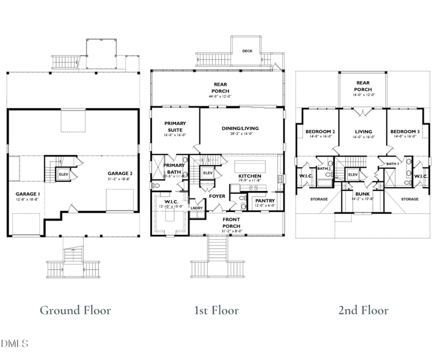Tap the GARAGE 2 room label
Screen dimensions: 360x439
click(x=120, y=173)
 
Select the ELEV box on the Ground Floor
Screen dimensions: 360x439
click(x=63, y=174)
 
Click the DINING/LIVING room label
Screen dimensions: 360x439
click(x=240, y=128)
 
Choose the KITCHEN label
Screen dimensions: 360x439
click(x=250, y=176)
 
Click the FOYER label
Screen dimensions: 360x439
click(x=217, y=196)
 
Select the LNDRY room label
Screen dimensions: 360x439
click(x=197, y=208)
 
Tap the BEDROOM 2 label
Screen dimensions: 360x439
click(x=320, y=132)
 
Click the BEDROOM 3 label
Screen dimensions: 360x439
click(x=404, y=132)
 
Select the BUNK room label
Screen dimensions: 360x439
click(x=362, y=194)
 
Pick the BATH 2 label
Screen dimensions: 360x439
click(x=324, y=169)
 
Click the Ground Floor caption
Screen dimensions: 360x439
click(x=75, y=310)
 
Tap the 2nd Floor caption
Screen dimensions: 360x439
click(x=364, y=310)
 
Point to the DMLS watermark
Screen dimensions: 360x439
click(x=15, y=344)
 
